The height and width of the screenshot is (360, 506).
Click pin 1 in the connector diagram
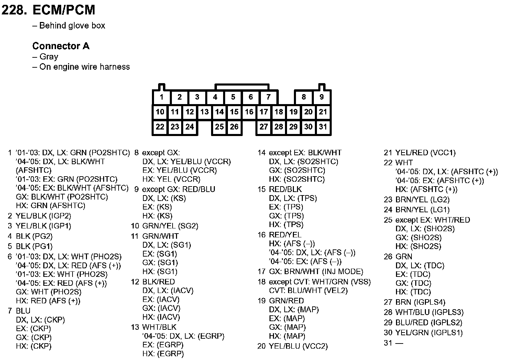click(x=162, y=97)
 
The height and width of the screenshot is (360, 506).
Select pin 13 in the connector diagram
click(x=205, y=112)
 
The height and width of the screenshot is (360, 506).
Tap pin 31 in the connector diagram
click(x=323, y=127)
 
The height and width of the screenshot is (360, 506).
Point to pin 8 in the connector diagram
click(x=304, y=97)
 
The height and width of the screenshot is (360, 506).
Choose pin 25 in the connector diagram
click(x=219, y=127)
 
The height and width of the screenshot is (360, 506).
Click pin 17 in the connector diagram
click(x=264, y=112)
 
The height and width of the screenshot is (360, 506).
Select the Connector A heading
click(x=61, y=46)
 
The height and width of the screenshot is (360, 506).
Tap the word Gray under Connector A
click(x=49, y=57)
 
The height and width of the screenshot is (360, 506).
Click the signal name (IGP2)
click(x=60, y=216)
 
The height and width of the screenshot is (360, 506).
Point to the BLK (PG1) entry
click(x=34, y=246)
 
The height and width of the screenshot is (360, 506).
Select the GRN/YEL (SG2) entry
click(x=170, y=226)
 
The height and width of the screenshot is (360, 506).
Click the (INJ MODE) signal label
click(x=343, y=272)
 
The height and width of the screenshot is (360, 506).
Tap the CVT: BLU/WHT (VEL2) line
click(x=308, y=291)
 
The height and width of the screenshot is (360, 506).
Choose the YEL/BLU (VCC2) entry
click(x=298, y=346)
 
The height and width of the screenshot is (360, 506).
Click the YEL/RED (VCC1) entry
click(x=425, y=153)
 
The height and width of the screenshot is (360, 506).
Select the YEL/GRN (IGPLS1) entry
click(x=429, y=333)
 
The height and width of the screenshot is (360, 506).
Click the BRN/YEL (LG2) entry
click(x=422, y=200)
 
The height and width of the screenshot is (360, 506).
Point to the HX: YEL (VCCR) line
click(x=172, y=179)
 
